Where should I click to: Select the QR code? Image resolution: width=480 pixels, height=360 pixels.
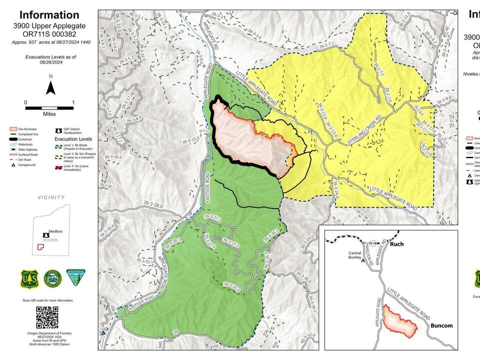(x=47, y=317)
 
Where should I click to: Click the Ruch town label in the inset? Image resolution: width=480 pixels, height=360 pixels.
(x=396, y=245)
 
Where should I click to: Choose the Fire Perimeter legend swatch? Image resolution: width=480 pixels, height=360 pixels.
(x=13, y=129)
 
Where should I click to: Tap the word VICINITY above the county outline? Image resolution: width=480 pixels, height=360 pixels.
(x=51, y=197)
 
